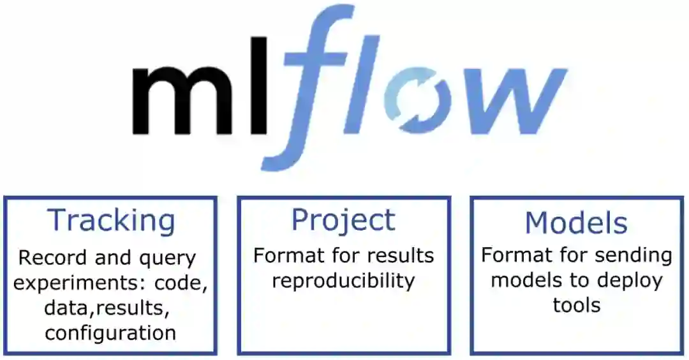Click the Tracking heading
[x=112, y=221]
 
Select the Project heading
[x=343, y=220]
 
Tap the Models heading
[x=576, y=223]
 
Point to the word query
[x=163, y=259]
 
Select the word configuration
[x=110, y=333]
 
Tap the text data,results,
[x=107, y=308]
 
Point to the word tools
[x=577, y=305]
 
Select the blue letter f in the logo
[x=313, y=83]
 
